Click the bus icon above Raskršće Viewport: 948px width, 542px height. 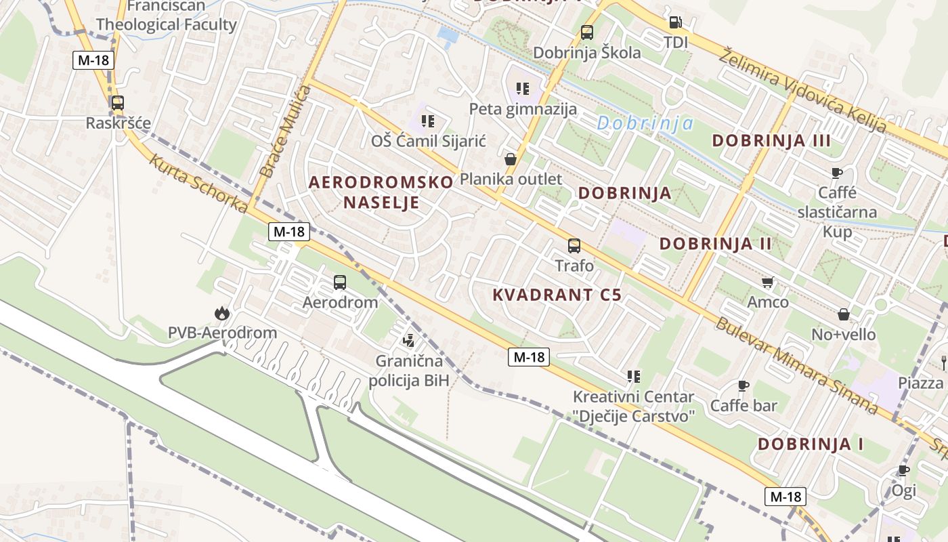tap(117, 103)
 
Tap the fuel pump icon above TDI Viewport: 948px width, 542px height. tap(675, 22)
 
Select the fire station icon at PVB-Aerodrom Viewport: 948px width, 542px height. tap(221, 313)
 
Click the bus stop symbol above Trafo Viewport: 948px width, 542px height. tap(574, 245)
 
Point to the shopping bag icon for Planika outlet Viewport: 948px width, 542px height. tap(511, 159)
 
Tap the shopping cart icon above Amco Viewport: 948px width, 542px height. tap(767, 282)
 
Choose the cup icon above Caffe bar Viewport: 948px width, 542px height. tap(743, 386)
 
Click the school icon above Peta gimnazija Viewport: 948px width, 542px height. tap(522, 88)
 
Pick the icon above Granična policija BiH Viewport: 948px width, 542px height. tap(408, 340)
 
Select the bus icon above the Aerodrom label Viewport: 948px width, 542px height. tap(340, 282)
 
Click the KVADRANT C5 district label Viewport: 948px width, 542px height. tap(557, 295)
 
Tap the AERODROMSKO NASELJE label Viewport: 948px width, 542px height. tap(381, 192)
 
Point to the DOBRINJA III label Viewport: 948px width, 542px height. tap(771, 141)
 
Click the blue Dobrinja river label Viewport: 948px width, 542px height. tap(645, 123)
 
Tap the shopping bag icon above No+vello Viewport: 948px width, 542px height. tap(844, 314)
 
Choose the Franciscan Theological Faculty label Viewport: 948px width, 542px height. tap(167, 16)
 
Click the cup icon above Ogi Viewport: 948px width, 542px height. tap(903, 470)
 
